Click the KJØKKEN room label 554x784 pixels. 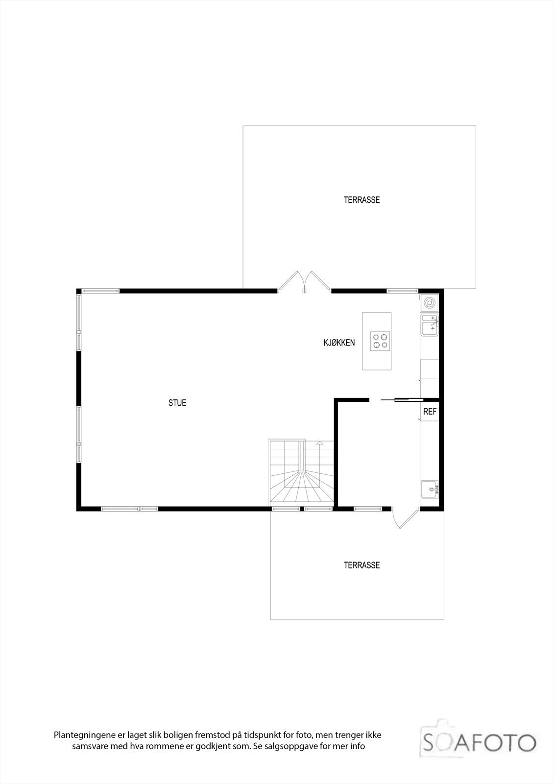338,343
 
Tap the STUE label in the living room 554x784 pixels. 177,403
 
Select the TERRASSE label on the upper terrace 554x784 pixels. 361,200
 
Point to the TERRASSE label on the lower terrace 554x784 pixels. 361,565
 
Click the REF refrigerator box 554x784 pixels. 430,412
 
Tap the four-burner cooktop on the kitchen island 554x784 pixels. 380,341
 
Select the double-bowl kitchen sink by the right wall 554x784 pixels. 430,324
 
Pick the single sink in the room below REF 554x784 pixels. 430,489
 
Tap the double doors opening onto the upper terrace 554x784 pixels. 304,283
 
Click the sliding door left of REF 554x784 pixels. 400,400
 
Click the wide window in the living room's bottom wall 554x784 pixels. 130,509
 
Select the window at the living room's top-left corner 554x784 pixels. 100,291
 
